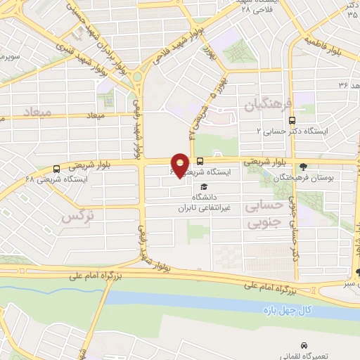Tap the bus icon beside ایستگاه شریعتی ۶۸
56,169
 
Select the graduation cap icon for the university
204,187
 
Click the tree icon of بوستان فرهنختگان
303,167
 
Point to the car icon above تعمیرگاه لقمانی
304,346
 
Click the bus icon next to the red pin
200,160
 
